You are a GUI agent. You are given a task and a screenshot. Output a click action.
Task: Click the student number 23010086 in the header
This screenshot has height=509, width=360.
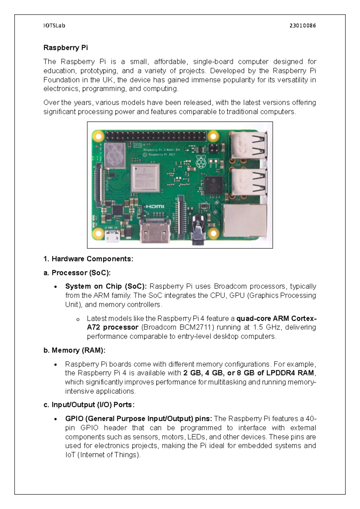tap(302, 26)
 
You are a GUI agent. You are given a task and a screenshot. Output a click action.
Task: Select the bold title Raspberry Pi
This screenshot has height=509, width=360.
tap(66, 48)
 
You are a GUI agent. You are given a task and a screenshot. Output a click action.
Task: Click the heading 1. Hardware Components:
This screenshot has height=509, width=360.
tap(88, 259)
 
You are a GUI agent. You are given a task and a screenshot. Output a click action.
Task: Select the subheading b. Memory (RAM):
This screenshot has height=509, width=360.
tap(74, 350)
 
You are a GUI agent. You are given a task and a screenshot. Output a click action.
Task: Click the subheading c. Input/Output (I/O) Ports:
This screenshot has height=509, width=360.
tap(89, 405)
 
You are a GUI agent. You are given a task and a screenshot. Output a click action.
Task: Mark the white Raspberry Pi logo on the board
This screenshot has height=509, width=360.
tap(201, 162)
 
